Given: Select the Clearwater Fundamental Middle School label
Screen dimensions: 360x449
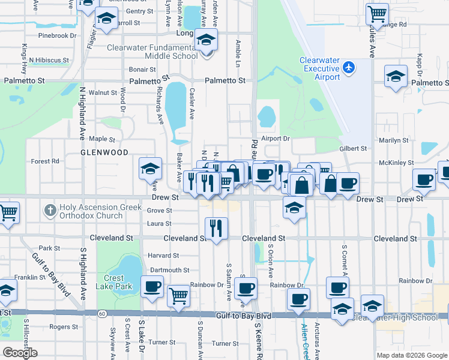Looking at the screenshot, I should pos(152,52).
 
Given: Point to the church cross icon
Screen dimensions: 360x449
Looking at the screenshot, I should pos(50,211).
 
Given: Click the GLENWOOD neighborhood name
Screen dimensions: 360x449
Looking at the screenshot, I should pos(104,152).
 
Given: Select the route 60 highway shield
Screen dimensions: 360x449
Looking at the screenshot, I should pos(103,314).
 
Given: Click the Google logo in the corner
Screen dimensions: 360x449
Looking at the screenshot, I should pos(20,353).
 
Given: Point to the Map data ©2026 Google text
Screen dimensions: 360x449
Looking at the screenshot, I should pos(411,355).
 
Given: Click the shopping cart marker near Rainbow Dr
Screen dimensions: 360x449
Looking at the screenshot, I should pos(178,295).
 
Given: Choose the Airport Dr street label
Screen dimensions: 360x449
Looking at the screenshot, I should pos(276,138).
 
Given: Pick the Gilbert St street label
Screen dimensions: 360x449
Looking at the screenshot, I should pos(352,148).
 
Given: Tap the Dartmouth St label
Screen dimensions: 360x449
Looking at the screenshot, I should pos(170,270).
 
